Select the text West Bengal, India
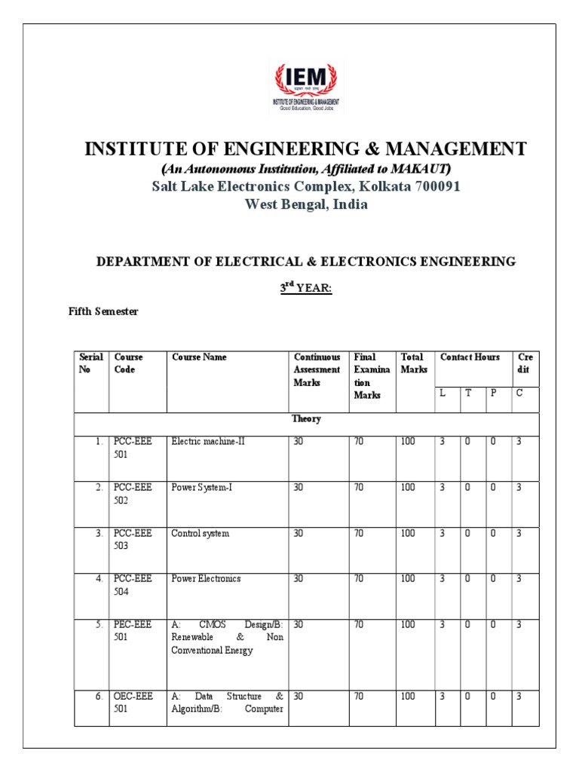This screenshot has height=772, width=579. tap(305, 205)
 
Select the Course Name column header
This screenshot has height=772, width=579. tap(199, 357)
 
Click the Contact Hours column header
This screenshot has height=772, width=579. tap(470, 357)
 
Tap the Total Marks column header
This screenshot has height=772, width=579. tap(413, 363)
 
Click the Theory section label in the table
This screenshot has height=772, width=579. tap(306, 419)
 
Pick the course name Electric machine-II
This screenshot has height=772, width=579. tap(208, 442)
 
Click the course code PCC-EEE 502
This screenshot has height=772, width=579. tap(133, 494)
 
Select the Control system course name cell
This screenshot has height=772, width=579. tap(200, 533)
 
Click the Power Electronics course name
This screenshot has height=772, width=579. tap(206, 578)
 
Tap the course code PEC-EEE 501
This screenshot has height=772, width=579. tap(133, 630)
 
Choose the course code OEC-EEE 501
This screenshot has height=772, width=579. tap(133, 703)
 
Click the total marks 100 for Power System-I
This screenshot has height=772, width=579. tap(408, 488)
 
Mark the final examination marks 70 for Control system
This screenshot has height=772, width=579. tap(359, 533)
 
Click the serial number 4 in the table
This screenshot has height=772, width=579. tap(99, 578)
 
